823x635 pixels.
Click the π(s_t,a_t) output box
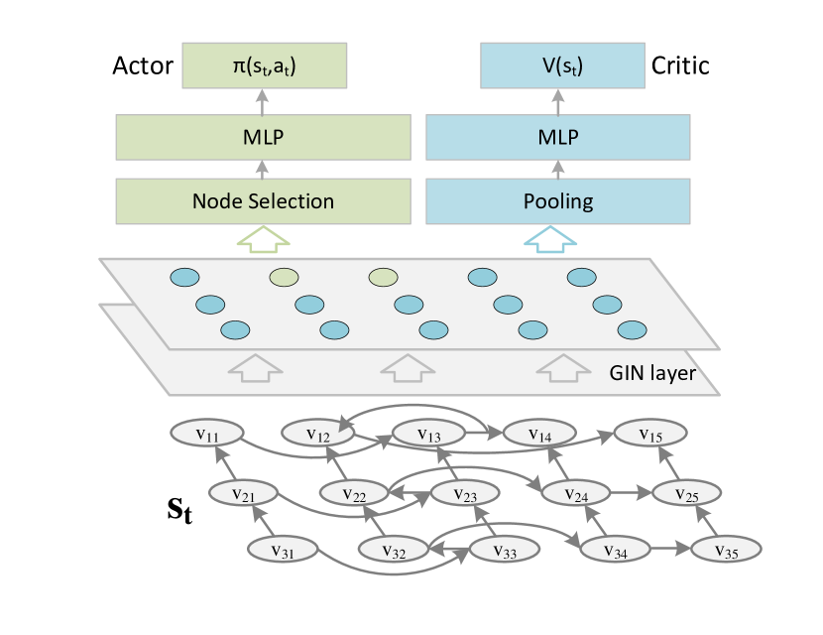pos(263,65)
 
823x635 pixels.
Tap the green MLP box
pos(263,137)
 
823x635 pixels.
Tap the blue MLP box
pos(558,137)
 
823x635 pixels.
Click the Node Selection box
pos(263,201)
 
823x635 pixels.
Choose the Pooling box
pos(558,201)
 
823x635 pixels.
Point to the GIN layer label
pos(651,374)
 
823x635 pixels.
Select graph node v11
pos(207,434)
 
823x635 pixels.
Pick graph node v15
pos(650,434)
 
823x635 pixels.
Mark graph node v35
pos(726,549)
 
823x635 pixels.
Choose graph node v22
pos(354,492)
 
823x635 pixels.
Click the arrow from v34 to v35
pos(667,549)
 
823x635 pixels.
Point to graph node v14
pos(539,434)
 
